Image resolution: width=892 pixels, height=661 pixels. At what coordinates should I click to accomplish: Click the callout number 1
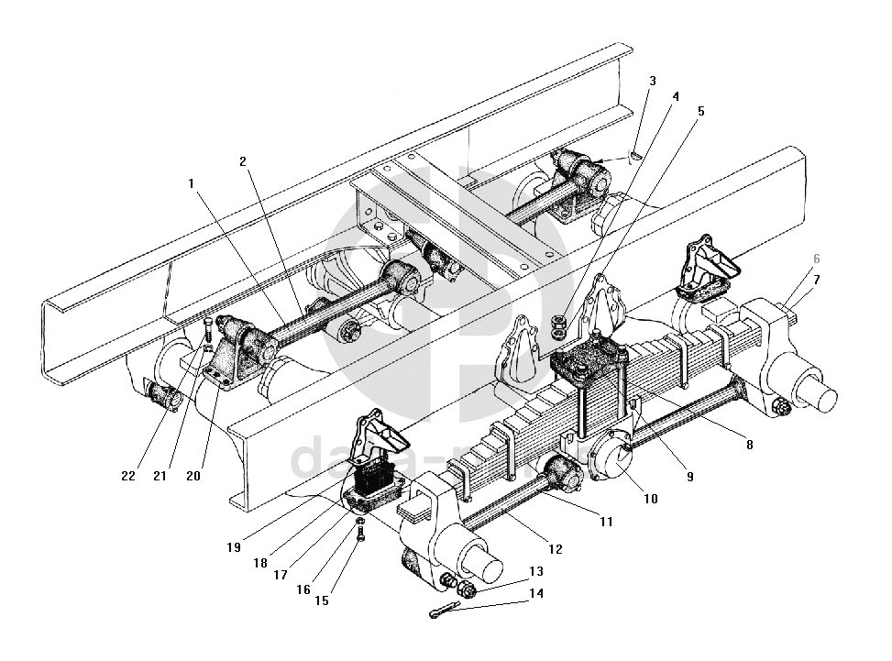[192, 182]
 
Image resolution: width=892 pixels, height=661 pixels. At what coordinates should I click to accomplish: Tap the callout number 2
[243, 161]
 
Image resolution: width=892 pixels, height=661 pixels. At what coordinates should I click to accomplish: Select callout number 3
[652, 81]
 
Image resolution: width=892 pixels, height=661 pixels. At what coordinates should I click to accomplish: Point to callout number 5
[700, 111]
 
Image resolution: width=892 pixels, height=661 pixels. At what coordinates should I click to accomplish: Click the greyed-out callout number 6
[816, 259]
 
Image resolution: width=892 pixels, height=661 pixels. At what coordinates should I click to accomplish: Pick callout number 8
[749, 445]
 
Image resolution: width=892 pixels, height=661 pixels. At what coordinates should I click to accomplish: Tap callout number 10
[650, 500]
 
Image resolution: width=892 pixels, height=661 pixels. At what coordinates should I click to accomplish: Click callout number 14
[536, 593]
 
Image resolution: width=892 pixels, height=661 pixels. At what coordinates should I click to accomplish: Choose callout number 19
[234, 547]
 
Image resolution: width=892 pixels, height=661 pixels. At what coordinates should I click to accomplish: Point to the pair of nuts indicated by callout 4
[559, 324]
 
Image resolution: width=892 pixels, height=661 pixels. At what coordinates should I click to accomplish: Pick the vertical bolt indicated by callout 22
[208, 327]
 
